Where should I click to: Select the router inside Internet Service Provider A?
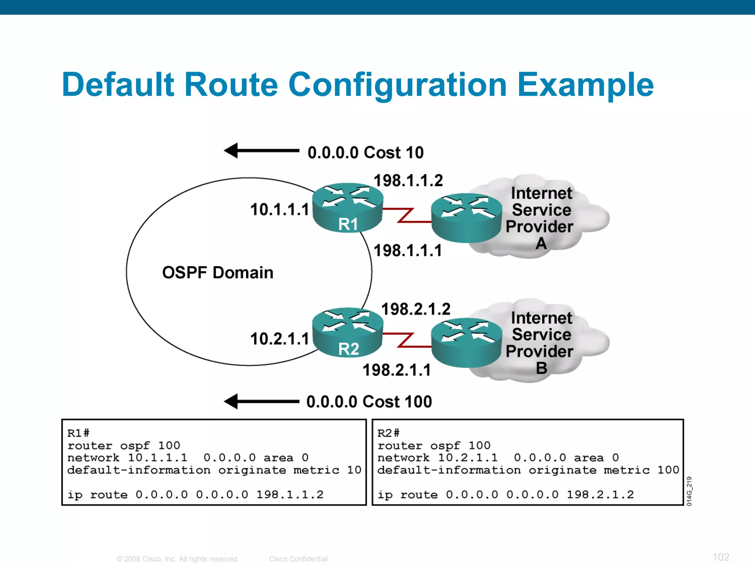(x=466, y=218)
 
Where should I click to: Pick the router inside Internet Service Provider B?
(x=466, y=342)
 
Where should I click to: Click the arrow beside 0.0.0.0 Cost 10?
(x=261, y=151)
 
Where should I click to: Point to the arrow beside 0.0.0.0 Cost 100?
(x=261, y=401)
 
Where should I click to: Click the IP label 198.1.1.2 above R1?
(x=408, y=181)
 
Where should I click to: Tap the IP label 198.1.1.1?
(x=407, y=251)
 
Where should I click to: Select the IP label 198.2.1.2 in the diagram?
(x=415, y=309)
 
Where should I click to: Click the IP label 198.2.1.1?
(x=397, y=370)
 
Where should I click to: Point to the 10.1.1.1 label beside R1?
(x=279, y=210)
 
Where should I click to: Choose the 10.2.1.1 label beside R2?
(x=279, y=339)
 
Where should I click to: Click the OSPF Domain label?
(x=218, y=273)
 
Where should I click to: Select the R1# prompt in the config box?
(x=78, y=433)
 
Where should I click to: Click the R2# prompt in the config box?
(x=388, y=433)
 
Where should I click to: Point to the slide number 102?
(x=720, y=557)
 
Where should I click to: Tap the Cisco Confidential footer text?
(x=298, y=559)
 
